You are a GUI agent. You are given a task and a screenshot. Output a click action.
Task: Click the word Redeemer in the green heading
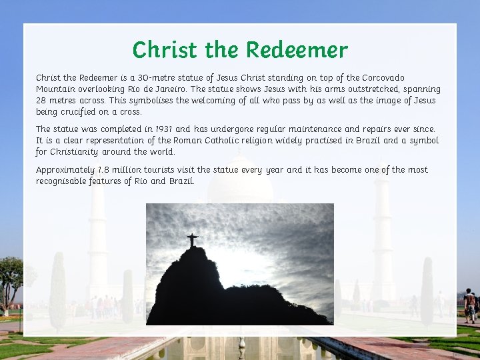pos(297,50)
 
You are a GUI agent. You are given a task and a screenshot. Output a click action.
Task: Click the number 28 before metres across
pos(41,101)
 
